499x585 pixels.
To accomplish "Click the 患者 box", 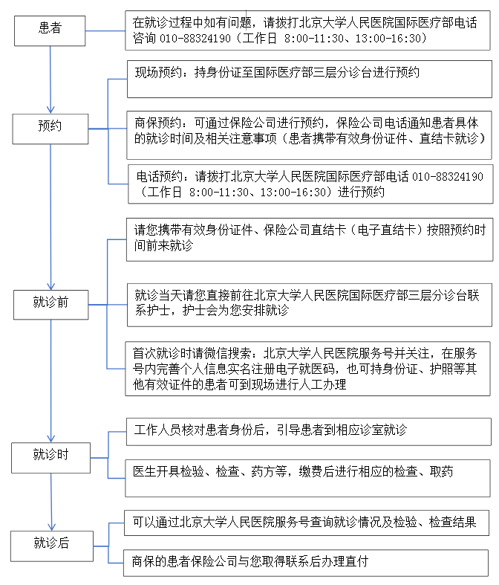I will pos(50,29).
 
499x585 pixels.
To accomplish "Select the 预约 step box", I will pos(50,127).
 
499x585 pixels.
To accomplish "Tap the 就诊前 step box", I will pos(50,303).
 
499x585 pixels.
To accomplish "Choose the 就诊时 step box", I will pos(50,456).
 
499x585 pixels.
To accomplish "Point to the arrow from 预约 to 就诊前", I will pos(50,216).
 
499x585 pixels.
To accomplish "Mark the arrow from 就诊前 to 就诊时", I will pos(50,379).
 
